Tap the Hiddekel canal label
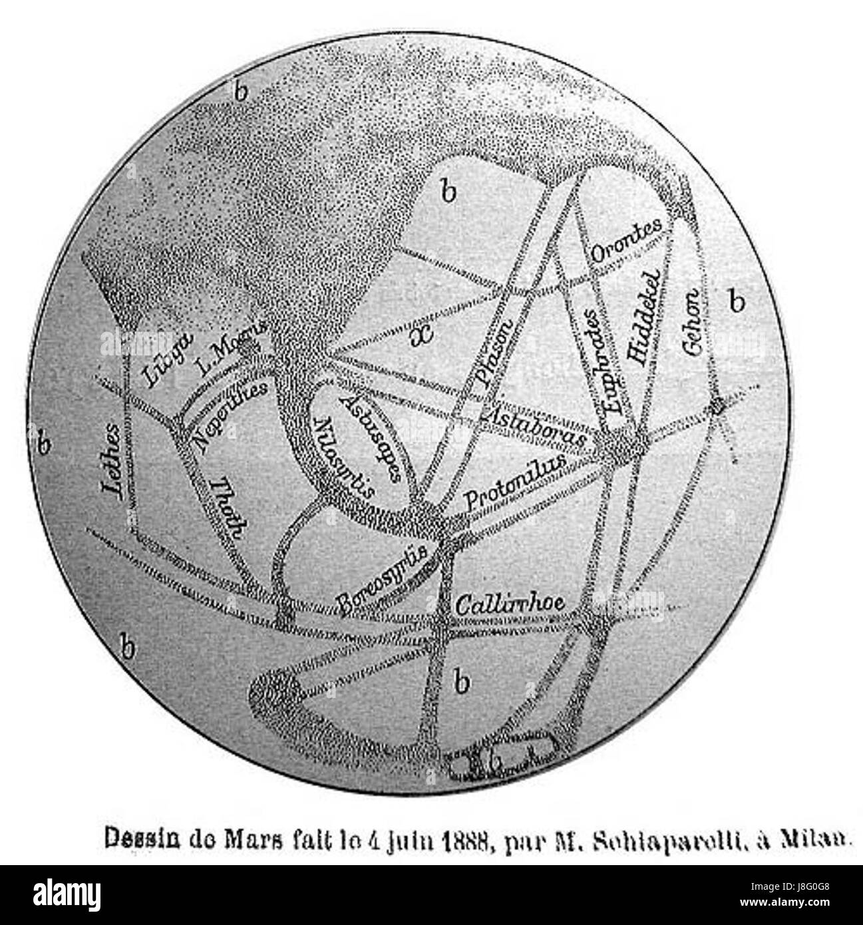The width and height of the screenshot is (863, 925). [x=641, y=317]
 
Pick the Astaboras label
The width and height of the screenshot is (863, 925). [x=534, y=427]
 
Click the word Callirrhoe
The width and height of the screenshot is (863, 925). [x=510, y=604]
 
